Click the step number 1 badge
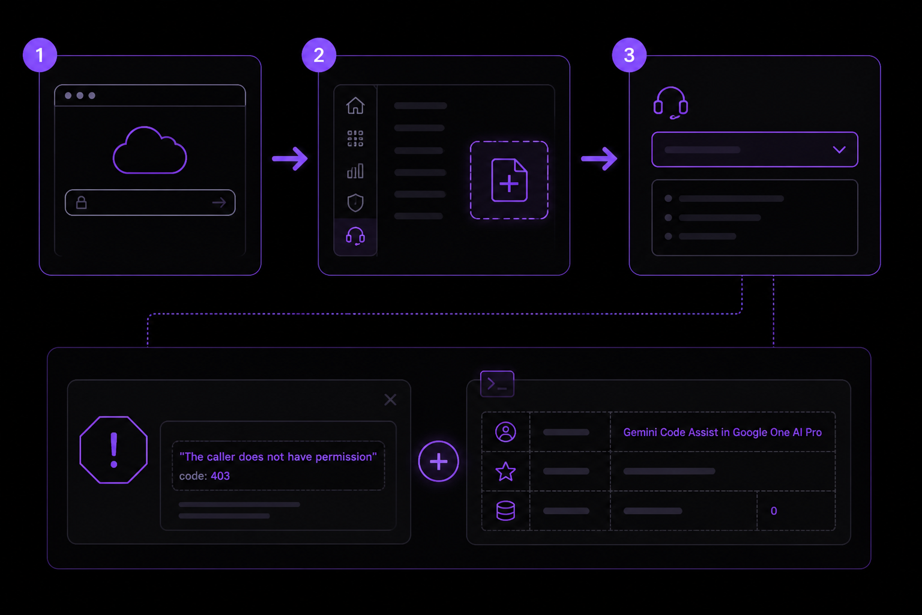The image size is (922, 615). pyautogui.click(x=40, y=55)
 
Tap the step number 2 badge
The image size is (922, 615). pyautogui.click(x=319, y=55)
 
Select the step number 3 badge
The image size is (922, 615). pyautogui.click(x=629, y=55)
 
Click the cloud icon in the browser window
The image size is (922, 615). pyautogui.click(x=150, y=150)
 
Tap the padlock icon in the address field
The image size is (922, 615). pyautogui.click(x=82, y=202)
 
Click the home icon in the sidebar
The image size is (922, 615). pyautogui.click(x=355, y=106)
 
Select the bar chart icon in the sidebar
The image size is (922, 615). pyautogui.click(x=355, y=171)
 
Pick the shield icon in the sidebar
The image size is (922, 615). pyautogui.click(x=355, y=202)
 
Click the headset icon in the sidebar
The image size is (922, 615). pyautogui.click(x=355, y=236)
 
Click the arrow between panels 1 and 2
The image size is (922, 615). pyautogui.click(x=290, y=159)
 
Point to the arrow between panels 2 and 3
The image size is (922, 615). pyautogui.click(x=599, y=159)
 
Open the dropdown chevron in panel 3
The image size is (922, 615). pyautogui.click(x=839, y=150)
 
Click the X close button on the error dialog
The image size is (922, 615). pyautogui.click(x=390, y=399)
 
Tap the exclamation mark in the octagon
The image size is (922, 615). pyautogui.click(x=114, y=450)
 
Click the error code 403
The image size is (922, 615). pyautogui.click(x=220, y=476)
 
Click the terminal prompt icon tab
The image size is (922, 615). pyautogui.click(x=497, y=384)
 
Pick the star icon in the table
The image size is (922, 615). pyautogui.click(x=505, y=471)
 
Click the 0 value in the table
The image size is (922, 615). pyautogui.click(x=774, y=510)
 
